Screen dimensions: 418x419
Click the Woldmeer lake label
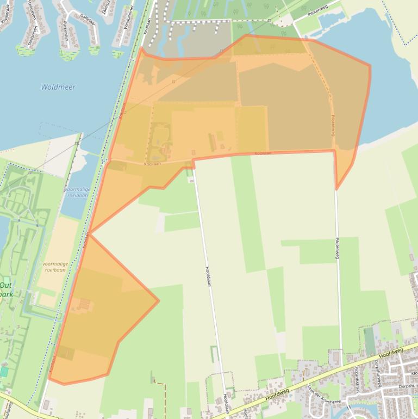click(x=58, y=87)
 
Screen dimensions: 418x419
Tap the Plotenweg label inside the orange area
click(x=333, y=124)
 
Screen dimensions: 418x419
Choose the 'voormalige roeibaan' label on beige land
click(x=55, y=267)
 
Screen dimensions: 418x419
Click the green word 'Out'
click(x=5, y=285)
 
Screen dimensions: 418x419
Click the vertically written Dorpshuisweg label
click(x=379, y=375)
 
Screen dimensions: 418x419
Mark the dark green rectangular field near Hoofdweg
click(x=370, y=340)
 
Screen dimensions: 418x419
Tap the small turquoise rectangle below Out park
click(x=4, y=372)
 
